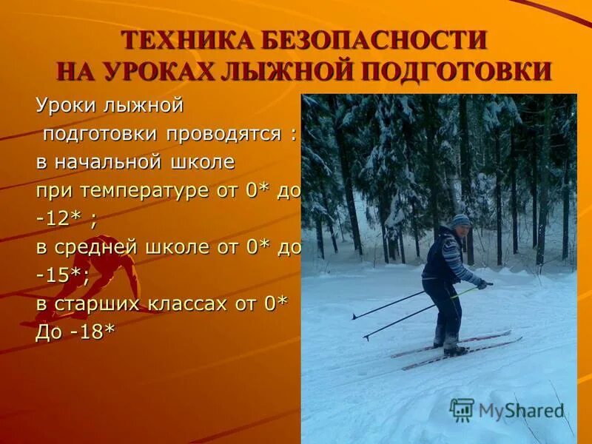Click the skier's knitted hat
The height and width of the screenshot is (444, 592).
pyautogui.click(x=461, y=221)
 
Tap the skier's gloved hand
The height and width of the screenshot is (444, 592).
pyautogui.click(x=482, y=283)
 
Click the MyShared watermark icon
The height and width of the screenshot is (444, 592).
pyautogui.click(x=462, y=409)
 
